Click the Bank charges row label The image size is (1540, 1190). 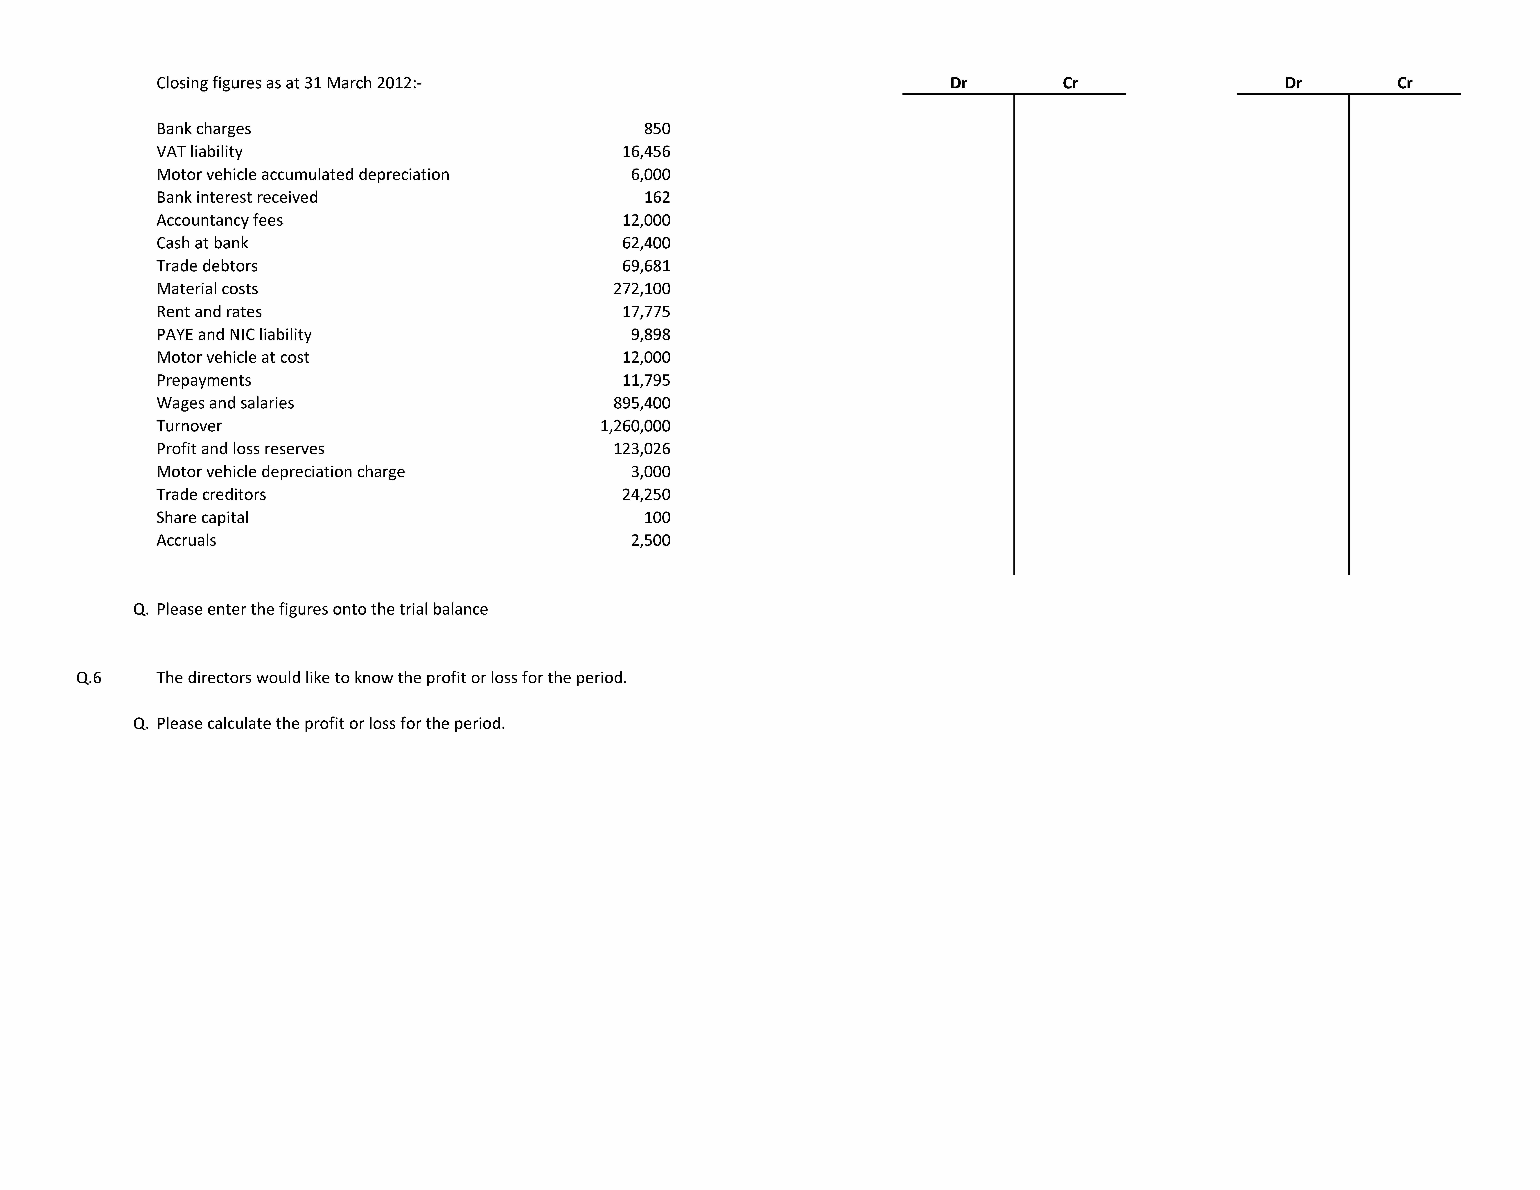(x=204, y=129)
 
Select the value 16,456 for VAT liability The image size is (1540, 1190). (x=646, y=152)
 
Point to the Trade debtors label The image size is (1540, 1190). (x=207, y=266)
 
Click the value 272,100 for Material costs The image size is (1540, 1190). (x=642, y=289)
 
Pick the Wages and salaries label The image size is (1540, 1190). (x=225, y=403)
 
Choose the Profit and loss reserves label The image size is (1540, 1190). (x=240, y=449)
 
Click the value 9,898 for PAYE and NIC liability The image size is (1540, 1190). (x=650, y=335)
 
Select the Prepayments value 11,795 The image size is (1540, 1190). (x=646, y=381)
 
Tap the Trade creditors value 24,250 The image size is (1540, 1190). (x=646, y=495)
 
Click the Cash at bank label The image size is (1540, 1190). (x=202, y=243)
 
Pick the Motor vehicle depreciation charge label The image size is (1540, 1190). (x=281, y=472)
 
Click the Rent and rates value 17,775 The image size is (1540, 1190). (x=646, y=312)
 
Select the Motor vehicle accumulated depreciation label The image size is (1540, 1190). (x=302, y=175)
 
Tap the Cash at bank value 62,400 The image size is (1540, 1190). (x=646, y=243)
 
